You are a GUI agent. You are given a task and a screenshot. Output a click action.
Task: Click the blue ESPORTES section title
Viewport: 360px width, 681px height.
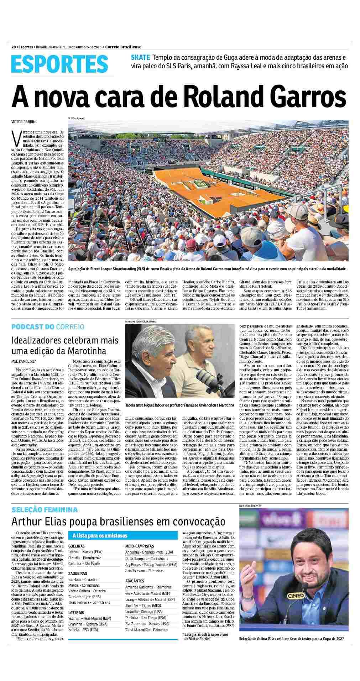pos(59,64)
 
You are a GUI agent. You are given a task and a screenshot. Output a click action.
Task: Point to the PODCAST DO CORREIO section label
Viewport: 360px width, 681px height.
pos(48,326)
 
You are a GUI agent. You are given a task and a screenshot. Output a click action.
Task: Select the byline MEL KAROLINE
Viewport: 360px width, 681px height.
pos(24,361)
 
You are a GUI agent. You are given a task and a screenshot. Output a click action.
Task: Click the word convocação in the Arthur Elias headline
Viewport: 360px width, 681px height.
pos(199,522)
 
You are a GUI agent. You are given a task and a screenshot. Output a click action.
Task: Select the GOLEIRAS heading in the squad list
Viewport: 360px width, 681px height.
pos(77,546)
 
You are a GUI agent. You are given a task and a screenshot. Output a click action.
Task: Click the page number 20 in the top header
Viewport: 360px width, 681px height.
pos(14,47)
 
